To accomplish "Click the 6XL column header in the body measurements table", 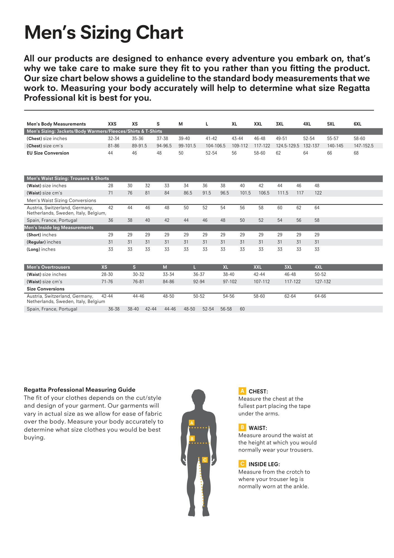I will [357, 124].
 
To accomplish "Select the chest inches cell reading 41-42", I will [211, 138].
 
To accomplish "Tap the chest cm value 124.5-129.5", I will [287, 146].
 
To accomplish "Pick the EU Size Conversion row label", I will [48, 153].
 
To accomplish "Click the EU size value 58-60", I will [259, 153].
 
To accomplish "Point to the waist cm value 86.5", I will [188, 193].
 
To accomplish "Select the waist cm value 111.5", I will [283, 193].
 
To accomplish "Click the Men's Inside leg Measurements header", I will [59, 227].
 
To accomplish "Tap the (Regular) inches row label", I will [44, 242].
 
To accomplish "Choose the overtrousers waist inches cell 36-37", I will [199, 274].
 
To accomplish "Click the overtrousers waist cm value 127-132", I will [323, 282].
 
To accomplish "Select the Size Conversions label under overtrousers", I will [45, 289].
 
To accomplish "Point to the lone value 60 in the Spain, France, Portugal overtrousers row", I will [242, 309].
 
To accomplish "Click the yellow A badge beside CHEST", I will [242, 391].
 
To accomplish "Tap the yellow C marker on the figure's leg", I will [205, 460].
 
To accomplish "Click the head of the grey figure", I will [198, 398].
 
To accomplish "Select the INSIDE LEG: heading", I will [264, 464].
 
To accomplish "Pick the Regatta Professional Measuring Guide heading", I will [80, 390].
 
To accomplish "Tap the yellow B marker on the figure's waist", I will [192, 439].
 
